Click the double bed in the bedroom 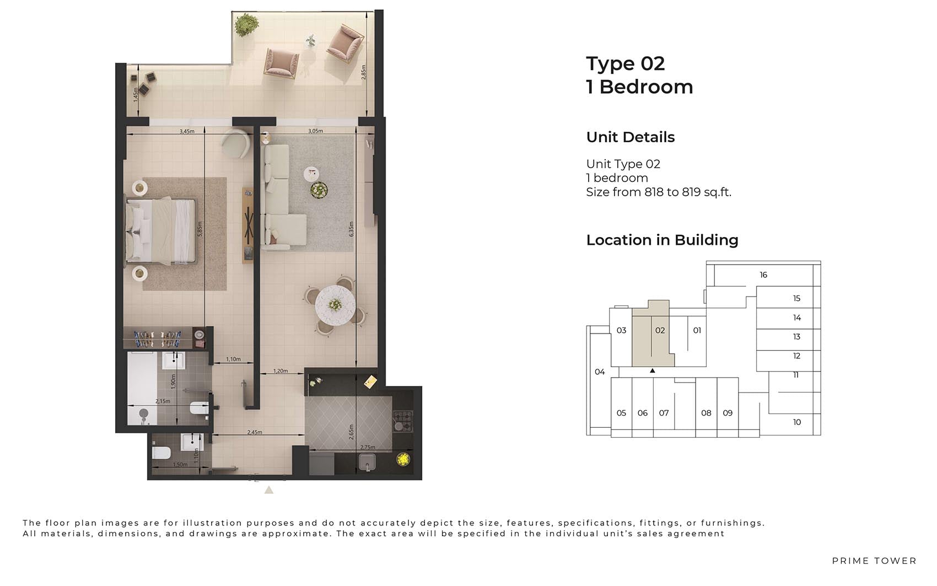tap(161, 230)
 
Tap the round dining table tap(335, 305)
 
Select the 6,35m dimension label tap(352, 229)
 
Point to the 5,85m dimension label tap(200, 229)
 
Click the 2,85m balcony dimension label tap(364, 72)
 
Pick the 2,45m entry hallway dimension tap(254, 432)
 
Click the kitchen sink tap(367, 462)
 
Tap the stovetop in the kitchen tap(402, 421)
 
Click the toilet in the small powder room tap(161, 453)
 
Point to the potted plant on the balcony tap(245, 25)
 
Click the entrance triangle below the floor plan tap(269, 490)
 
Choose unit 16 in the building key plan tap(763, 275)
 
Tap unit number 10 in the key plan tap(797, 422)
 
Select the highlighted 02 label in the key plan tap(660, 330)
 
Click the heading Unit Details tap(631, 137)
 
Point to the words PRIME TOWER tap(874, 561)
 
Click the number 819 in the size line tap(691, 192)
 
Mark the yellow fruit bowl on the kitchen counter tap(403, 459)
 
